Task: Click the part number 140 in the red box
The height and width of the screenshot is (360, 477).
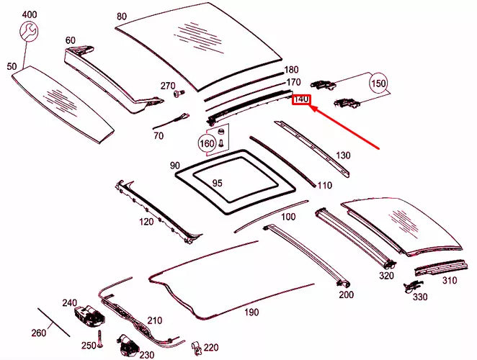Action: click(300, 99)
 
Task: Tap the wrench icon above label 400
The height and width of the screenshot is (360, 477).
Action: click(30, 31)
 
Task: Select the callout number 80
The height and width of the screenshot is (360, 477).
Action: click(121, 16)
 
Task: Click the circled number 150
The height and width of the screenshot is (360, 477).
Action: click(378, 84)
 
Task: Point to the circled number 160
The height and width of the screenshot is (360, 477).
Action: click(207, 143)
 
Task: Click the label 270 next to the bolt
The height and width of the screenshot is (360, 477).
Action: click(168, 86)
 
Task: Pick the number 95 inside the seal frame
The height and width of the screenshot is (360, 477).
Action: click(217, 183)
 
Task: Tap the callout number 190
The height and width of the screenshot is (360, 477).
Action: click(250, 312)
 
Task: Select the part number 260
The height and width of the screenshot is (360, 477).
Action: click(38, 333)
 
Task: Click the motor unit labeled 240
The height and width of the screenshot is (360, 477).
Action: click(89, 314)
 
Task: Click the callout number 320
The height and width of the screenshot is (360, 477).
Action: click(387, 275)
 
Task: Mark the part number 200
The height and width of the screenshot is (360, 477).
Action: click(346, 294)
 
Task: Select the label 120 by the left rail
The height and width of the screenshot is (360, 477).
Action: click(146, 222)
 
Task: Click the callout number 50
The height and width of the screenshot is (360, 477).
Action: click(12, 66)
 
